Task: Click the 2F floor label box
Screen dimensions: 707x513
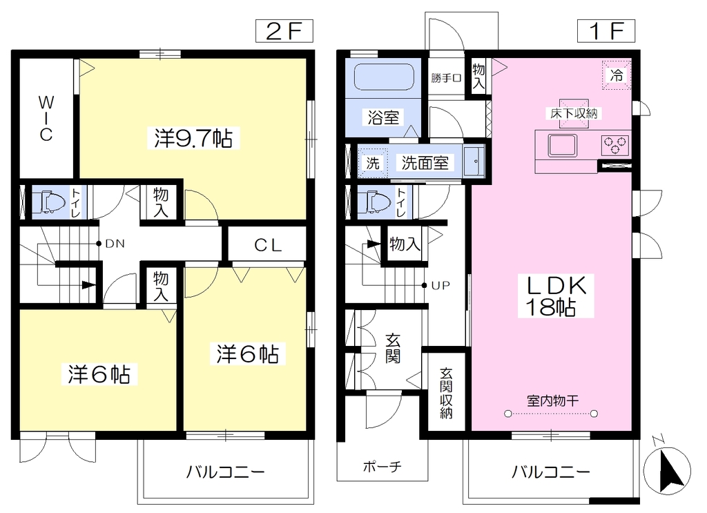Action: coord(284,31)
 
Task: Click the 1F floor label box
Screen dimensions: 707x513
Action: coord(606,31)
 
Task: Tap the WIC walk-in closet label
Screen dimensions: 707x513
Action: coord(46,118)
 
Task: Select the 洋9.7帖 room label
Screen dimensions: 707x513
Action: coord(193,138)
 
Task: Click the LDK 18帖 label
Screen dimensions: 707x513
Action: coord(556,296)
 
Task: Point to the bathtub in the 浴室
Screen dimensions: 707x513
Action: coord(384,77)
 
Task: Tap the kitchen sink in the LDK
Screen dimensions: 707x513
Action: coord(562,145)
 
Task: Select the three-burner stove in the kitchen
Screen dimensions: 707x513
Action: coord(615,145)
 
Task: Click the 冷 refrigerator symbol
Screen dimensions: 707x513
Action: coord(617,75)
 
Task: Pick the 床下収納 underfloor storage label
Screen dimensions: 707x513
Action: coord(574,114)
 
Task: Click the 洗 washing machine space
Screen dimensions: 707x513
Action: coord(373,163)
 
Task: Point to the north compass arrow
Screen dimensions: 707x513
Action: coord(668,470)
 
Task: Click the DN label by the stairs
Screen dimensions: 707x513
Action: coord(115,244)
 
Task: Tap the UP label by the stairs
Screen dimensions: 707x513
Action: coord(440,285)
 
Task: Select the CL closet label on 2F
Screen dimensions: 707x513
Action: coord(268,245)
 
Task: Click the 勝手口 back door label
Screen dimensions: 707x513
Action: coord(446,78)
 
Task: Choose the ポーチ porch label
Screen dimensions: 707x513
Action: coord(382,466)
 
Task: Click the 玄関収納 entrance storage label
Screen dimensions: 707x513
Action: coord(446,393)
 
